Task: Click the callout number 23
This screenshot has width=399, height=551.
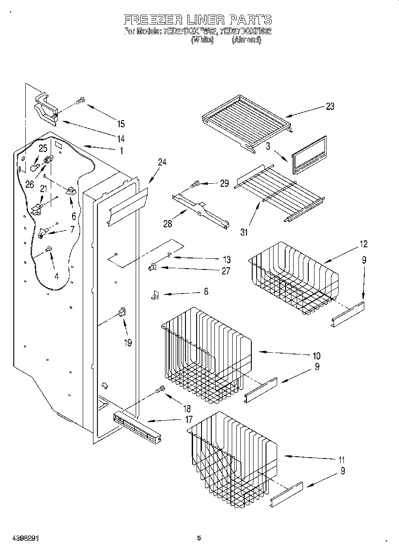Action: [330, 106]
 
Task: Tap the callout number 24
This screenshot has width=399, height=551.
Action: [162, 162]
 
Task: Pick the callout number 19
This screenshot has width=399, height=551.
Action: [128, 343]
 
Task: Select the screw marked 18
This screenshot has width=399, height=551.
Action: [160, 390]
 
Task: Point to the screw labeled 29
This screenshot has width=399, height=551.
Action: [195, 183]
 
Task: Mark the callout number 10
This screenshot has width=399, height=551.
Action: [316, 356]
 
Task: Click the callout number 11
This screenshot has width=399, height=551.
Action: [341, 460]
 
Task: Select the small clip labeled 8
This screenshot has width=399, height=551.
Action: [155, 295]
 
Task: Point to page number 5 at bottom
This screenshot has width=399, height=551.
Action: [199, 538]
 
